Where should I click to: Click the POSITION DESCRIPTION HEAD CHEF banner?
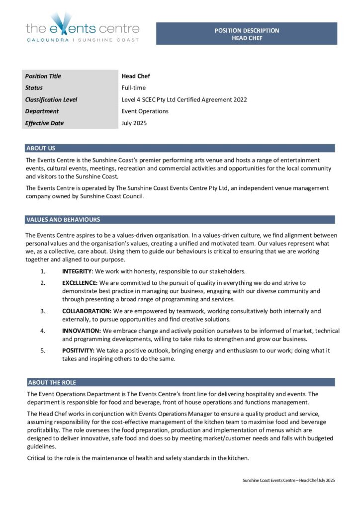click(x=247, y=34)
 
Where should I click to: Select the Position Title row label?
click(x=43, y=76)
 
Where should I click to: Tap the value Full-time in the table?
click(x=134, y=88)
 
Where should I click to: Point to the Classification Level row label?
click(x=51, y=99)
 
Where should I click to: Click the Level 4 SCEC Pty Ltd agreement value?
click(x=184, y=99)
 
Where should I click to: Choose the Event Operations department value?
click(x=145, y=111)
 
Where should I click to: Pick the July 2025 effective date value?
click(x=134, y=123)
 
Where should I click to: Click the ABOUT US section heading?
click(x=41, y=148)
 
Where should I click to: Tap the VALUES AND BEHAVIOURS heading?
click(x=63, y=219)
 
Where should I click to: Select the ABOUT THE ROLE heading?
click(x=52, y=382)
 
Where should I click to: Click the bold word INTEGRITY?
click(x=77, y=271)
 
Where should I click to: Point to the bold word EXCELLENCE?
click(x=80, y=283)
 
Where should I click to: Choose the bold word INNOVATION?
click(x=81, y=331)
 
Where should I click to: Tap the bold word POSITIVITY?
click(x=78, y=350)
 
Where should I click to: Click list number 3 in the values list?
click(x=43, y=311)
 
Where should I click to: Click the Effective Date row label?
click(x=44, y=123)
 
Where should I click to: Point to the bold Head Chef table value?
click(x=136, y=76)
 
